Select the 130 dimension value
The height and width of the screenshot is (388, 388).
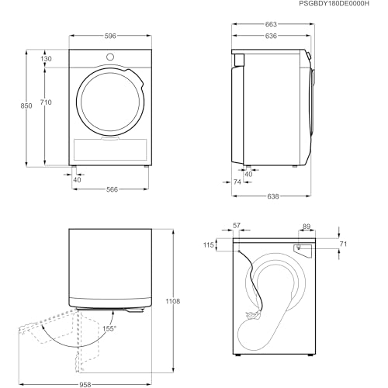[46, 59]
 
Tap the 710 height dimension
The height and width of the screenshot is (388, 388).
[46, 102]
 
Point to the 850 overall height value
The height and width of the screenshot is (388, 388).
[26, 106]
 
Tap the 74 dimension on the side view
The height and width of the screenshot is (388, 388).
[237, 182]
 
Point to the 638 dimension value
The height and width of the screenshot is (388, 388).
[273, 196]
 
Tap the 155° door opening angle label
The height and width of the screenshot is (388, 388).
[109, 329]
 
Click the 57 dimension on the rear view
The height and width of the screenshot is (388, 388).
[237, 227]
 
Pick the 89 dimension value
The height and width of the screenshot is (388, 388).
[307, 227]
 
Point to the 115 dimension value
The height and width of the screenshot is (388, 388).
[209, 245]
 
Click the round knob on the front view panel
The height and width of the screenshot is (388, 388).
[109, 57]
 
